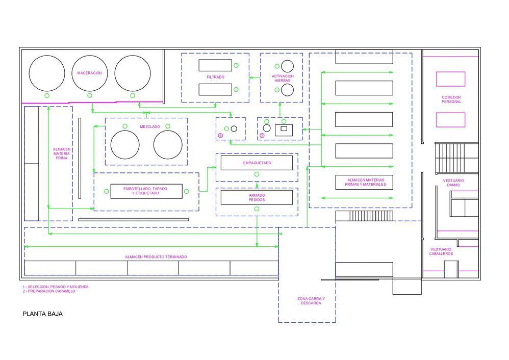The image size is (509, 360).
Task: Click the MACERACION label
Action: [89, 73]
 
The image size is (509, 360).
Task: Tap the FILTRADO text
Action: [215, 77]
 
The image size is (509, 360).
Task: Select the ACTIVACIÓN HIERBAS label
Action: [283, 78]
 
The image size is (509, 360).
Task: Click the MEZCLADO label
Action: [149, 126]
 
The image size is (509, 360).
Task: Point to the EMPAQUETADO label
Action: [257, 163]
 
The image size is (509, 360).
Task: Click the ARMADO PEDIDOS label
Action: [257, 198]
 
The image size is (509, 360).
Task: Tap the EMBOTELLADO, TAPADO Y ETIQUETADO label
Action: [145, 191]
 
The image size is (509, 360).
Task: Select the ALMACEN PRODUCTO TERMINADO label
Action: [156, 257]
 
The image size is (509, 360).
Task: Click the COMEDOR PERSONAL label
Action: [451, 99]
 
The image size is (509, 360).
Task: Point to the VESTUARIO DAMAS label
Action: [453, 183]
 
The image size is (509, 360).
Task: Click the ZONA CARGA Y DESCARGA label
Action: [311, 301]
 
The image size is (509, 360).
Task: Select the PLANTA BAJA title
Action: [42, 314]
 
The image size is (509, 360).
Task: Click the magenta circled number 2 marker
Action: [220, 136]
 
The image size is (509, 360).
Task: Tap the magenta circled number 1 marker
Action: [262, 136]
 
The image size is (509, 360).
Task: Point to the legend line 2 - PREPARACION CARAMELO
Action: [48, 291]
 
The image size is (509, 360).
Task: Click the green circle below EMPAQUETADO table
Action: [257, 174]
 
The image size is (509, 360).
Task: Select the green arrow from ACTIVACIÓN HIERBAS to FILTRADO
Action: [255, 78]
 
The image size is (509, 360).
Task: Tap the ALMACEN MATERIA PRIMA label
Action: [62, 153]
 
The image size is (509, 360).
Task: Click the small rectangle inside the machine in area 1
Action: [284, 129]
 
